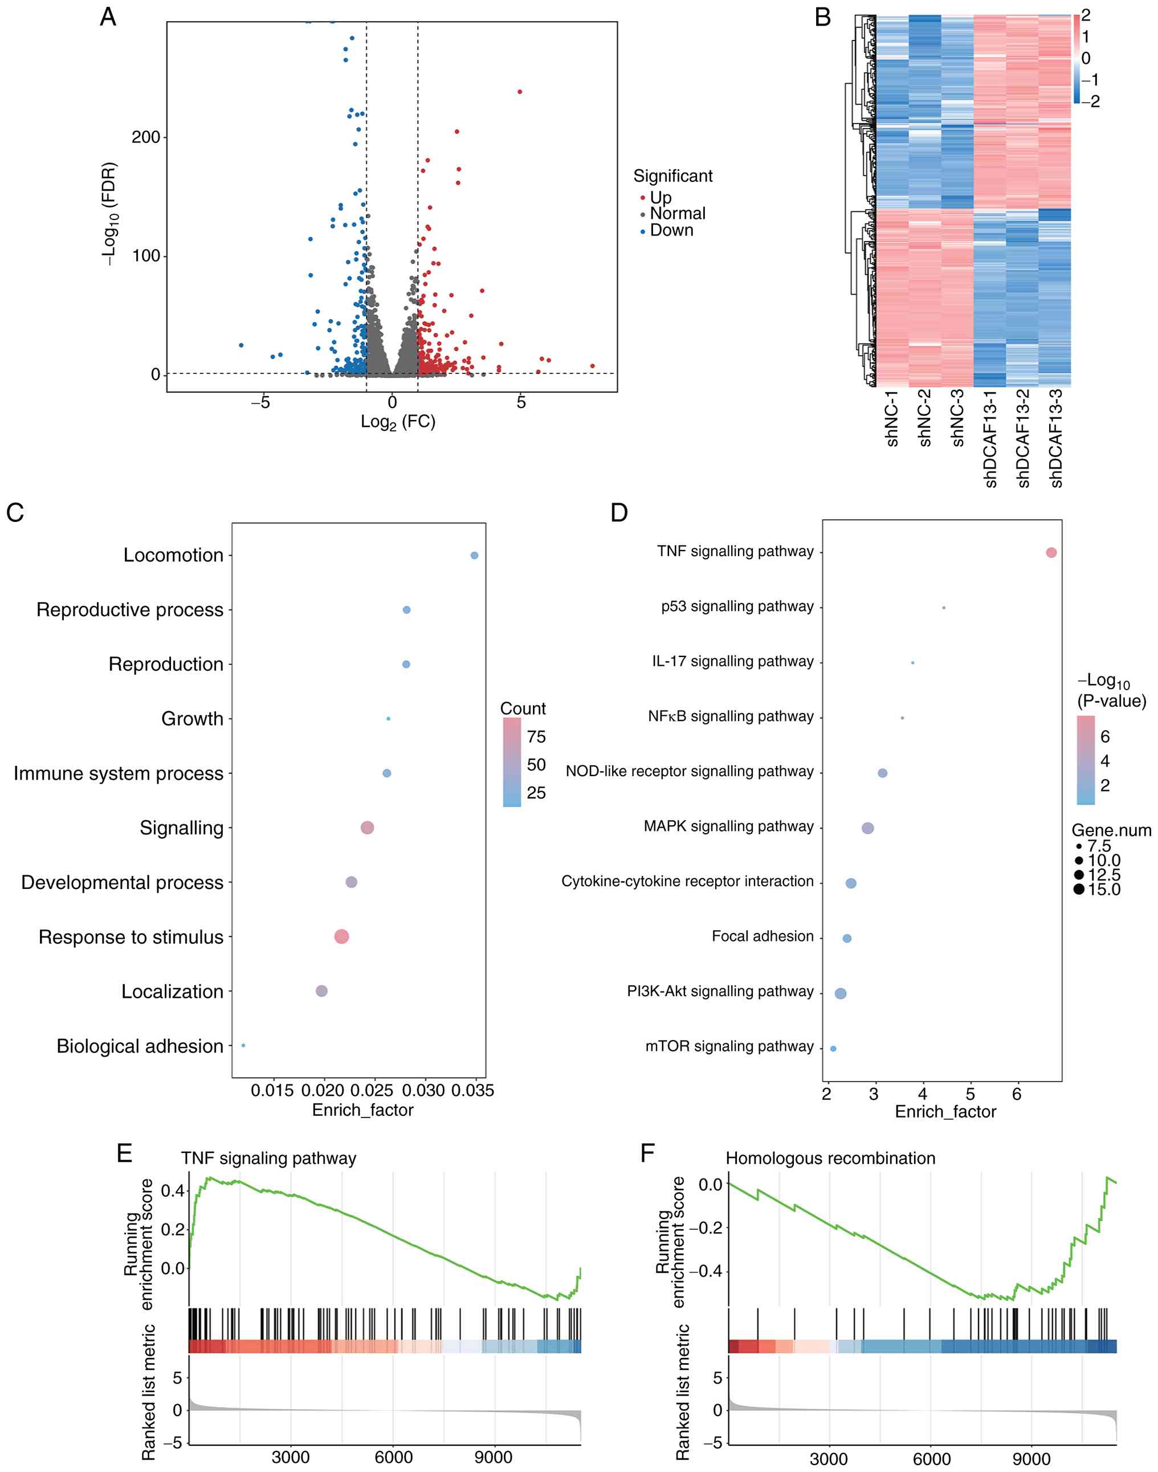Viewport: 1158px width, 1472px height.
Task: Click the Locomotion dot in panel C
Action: tap(474, 555)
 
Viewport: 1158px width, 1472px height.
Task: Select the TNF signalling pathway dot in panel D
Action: tap(1051, 553)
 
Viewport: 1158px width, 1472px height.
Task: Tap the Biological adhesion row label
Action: tap(140, 1046)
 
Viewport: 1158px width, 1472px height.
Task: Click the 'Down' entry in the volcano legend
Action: tap(671, 231)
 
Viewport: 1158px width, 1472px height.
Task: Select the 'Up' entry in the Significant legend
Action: tap(660, 197)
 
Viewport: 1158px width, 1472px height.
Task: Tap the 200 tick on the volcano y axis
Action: tap(146, 137)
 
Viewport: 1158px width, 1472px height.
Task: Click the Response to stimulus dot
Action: tap(342, 936)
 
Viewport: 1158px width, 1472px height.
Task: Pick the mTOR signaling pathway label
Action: tap(729, 1046)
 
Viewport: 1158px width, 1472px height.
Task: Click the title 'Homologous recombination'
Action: tap(830, 1158)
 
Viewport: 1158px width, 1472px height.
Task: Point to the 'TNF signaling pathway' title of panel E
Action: tap(268, 1158)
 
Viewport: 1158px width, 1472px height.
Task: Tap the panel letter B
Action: tap(822, 18)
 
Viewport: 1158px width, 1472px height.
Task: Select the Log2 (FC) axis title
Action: tap(397, 422)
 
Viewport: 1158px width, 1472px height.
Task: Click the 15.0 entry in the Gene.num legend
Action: tap(1104, 890)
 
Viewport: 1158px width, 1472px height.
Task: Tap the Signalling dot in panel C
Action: tap(368, 827)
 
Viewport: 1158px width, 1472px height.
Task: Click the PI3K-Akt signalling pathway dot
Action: tap(841, 993)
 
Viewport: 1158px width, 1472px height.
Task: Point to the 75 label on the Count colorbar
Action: tap(536, 737)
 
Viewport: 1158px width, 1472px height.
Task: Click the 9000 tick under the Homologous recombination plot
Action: tap(1031, 1458)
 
